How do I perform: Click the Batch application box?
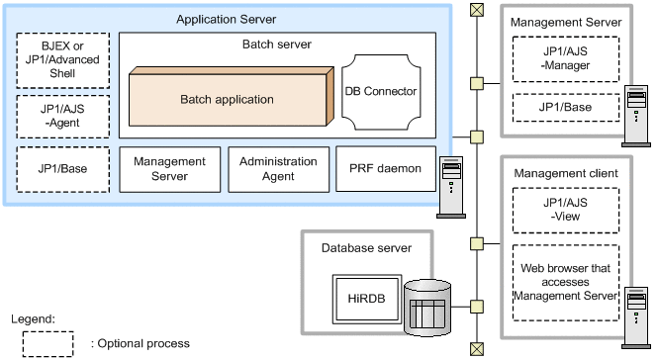tap(228, 99)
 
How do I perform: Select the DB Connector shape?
tap(381, 91)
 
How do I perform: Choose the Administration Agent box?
tap(277, 168)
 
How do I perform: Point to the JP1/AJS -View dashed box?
tap(566, 209)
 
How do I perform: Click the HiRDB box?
tap(361, 298)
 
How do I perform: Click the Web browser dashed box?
tap(566, 280)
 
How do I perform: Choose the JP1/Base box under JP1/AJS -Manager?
tap(566, 106)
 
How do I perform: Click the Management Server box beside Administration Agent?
tap(169, 168)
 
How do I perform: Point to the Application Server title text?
tap(226, 19)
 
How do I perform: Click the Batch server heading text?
tap(277, 45)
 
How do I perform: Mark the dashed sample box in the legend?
tap(47, 342)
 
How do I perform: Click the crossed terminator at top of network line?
tap(478, 9)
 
